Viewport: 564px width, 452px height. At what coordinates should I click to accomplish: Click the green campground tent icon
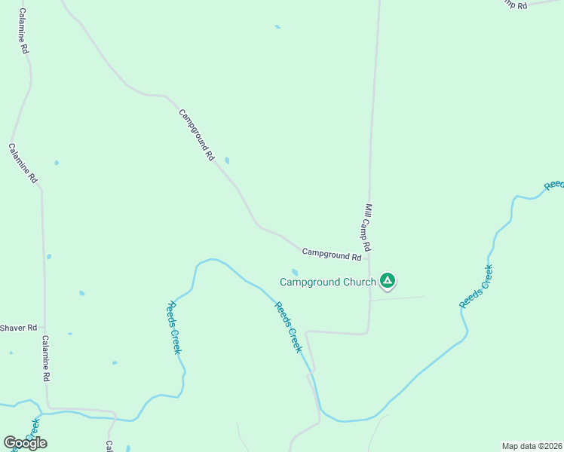[x=388, y=281]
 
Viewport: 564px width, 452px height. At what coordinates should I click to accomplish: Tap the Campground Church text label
[x=327, y=282]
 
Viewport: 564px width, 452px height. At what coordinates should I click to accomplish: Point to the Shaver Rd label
[x=18, y=328]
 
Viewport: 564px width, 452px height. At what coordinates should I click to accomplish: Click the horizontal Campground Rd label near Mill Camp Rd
[x=332, y=255]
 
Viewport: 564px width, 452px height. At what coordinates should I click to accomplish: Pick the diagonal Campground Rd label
[x=197, y=135]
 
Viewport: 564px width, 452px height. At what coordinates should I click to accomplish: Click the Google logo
[x=25, y=443]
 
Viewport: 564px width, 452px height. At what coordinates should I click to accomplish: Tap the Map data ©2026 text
[x=532, y=446]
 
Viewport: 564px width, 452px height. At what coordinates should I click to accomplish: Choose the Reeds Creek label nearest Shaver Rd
[x=174, y=328]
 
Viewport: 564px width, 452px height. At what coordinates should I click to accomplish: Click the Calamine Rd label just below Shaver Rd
[x=46, y=357]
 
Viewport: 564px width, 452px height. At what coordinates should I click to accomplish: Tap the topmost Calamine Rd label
[x=23, y=31]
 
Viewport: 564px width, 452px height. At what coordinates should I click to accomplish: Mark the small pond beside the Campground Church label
[x=294, y=272]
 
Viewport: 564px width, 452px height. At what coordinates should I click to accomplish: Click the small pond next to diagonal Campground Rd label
[x=227, y=160]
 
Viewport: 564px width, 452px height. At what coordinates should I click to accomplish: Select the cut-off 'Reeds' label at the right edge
[x=554, y=185]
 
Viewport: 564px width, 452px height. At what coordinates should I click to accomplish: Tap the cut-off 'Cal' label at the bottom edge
[x=109, y=446]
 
